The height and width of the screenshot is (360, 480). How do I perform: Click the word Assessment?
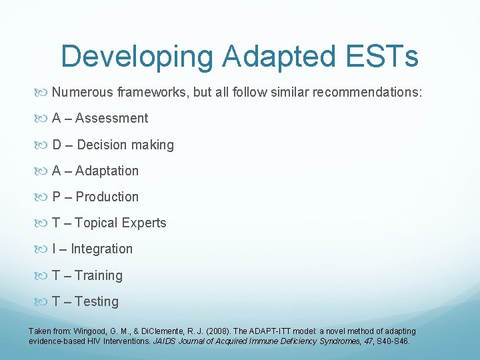click(x=111, y=119)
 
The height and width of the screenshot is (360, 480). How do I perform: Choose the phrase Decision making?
click(x=125, y=145)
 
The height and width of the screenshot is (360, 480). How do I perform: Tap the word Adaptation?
click(x=107, y=171)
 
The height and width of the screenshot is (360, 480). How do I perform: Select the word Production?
click(x=107, y=197)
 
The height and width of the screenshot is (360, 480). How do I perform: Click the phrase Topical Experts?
click(x=121, y=223)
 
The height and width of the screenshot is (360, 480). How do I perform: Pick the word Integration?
click(x=101, y=249)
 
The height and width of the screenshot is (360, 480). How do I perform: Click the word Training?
click(x=99, y=275)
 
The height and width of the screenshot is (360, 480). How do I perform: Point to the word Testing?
click(x=97, y=301)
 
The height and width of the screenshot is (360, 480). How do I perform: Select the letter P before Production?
click(x=57, y=197)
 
